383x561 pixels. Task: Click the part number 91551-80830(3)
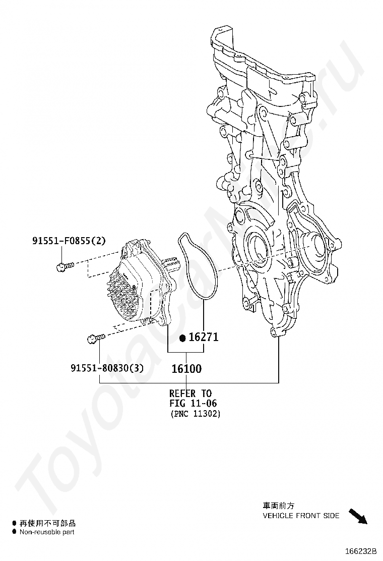coord(107,368)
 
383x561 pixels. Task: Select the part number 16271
coord(204,336)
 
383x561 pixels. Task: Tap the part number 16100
coord(186,369)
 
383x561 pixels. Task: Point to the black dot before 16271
coord(183,337)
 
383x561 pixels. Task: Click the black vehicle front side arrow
coord(358,517)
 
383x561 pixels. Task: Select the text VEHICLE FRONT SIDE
coord(301,516)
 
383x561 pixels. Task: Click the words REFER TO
coord(190,394)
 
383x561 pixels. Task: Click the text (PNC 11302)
coord(195,414)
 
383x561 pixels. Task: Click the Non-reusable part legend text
coord(47,532)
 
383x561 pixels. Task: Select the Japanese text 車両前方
coord(278,506)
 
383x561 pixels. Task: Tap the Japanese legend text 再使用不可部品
coord(47,524)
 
